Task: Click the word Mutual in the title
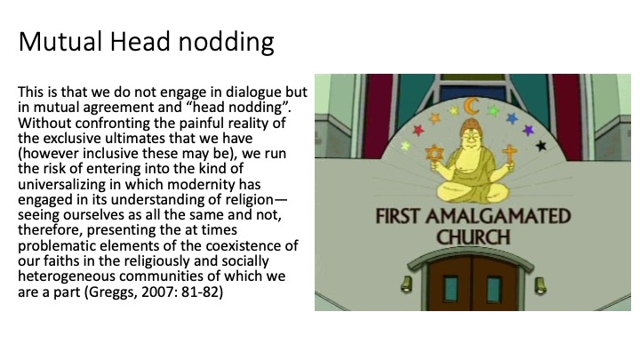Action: click(60, 42)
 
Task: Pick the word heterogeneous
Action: click(67, 276)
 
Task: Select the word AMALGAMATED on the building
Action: click(498, 216)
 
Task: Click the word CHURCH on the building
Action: click(473, 237)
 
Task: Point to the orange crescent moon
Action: click(470, 106)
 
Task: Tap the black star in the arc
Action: click(541, 145)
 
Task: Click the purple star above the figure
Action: click(528, 130)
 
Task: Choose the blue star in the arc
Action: click(512, 118)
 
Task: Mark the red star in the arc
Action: click(419, 130)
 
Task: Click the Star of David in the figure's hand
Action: click(435, 154)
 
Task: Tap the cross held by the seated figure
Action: click(509, 155)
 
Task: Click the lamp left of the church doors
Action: click(406, 284)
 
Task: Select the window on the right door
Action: click(494, 290)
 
